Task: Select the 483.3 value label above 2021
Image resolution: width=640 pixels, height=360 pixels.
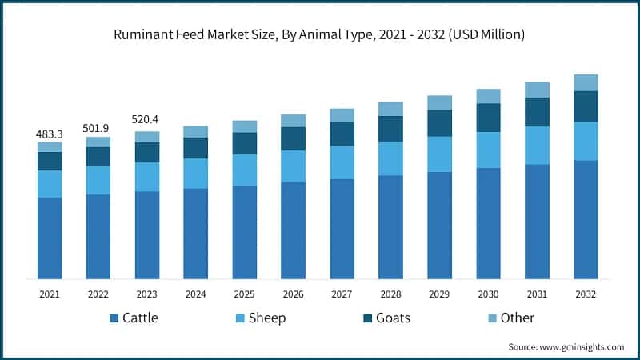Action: (50, 134)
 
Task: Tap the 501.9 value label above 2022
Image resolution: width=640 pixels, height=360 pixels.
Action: (98, 129)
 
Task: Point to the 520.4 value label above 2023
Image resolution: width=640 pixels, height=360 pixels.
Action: (147, 120)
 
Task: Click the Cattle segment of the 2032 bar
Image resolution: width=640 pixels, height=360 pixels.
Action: (586, 219)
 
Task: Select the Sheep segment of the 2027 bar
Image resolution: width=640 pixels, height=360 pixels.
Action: (342, 162)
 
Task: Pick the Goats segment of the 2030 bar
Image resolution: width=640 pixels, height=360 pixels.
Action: (488, 118)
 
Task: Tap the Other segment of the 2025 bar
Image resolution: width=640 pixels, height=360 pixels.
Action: (245, 126)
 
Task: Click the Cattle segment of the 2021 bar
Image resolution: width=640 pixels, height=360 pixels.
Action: (50, 238)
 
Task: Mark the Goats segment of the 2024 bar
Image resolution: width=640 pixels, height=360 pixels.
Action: (196, 148)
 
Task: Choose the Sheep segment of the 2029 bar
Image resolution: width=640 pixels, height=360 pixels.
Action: (439, 154)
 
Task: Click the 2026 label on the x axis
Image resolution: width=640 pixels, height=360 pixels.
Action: (293, 294)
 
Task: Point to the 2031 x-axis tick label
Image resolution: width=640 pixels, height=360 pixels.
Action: (537, 294)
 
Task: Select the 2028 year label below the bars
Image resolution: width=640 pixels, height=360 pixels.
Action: (390, 294)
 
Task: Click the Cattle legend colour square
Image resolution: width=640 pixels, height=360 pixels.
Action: (114, 318)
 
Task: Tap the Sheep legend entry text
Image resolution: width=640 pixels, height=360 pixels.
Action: (267, 318)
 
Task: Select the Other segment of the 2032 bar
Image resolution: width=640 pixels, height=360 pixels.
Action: (586, 82)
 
